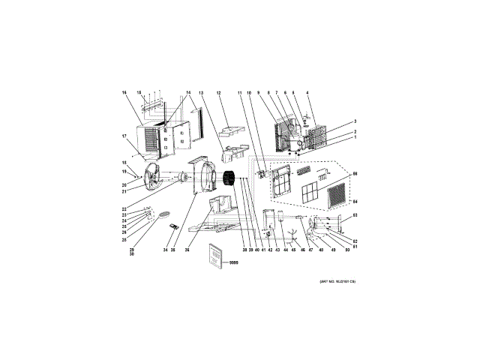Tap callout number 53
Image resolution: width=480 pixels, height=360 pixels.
point(355,215)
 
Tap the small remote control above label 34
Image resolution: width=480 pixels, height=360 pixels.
point(175,228)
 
